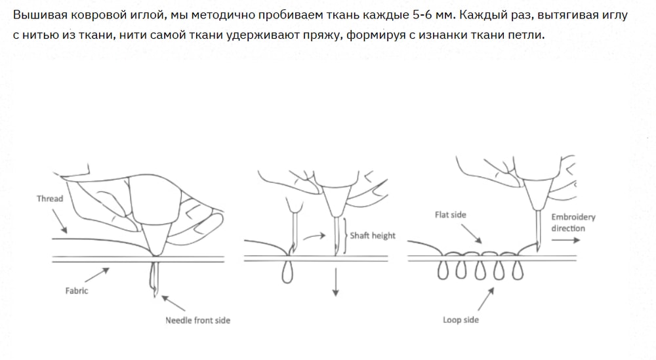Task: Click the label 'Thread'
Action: point(50,199)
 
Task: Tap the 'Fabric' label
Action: point(77,290)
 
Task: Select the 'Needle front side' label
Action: point(197,320)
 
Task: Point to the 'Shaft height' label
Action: point(373,235)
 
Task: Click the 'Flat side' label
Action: point(450,214)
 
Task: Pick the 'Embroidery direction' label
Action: point(573,222)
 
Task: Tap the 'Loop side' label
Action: point(461,320)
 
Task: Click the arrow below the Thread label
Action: point(59,221)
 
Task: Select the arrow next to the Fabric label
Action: point(97,275)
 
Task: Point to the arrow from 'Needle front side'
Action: point(173,303)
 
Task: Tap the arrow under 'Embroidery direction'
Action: point(565,240)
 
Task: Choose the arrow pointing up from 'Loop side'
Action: point(485,299)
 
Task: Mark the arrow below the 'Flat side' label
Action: point(472,233)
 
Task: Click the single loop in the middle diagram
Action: point(287,272)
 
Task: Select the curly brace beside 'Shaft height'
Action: point(346,235)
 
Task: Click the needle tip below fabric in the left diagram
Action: point(155,295)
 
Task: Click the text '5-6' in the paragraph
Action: point(422,15)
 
